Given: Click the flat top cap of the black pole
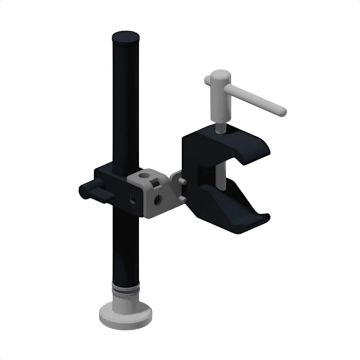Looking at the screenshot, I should point(125,37).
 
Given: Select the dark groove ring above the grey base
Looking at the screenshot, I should point(125,291).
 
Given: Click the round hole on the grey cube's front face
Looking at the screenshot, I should point(157,199).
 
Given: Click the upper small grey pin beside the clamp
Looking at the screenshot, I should point(183,181).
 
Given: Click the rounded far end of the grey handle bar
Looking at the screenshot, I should point(281,111).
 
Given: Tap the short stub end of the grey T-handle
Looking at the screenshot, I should point(207,81).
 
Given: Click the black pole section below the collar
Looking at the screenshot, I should point(125,247).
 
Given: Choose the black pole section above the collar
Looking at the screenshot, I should point(125,103).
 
